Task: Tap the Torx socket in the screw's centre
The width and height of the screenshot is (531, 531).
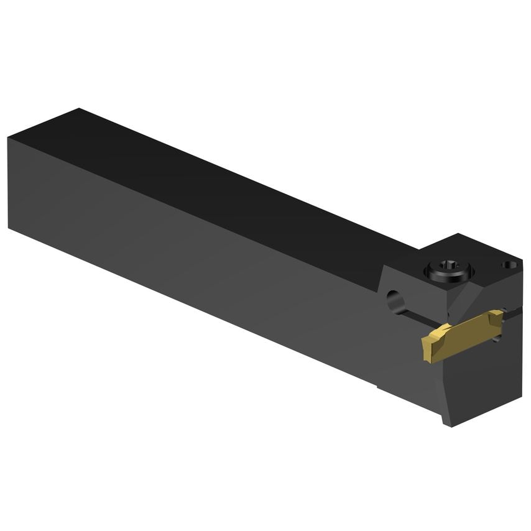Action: tap(450, 267)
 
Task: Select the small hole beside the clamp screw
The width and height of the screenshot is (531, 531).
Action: tap(510, 265)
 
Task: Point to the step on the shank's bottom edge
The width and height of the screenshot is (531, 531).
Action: tap(377, 387)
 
